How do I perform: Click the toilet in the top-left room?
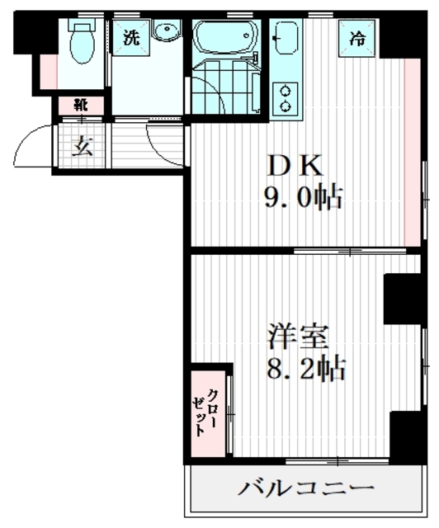[x=82, y=43]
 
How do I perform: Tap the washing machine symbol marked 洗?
[x=130, y=37]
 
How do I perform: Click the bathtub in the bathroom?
[x=225, y=37]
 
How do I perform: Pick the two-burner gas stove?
[x=286, y=98]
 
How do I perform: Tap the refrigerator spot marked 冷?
[x=356, y=37]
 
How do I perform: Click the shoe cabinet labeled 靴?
[x=80, y=106]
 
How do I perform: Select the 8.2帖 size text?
[x=305, y=368]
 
